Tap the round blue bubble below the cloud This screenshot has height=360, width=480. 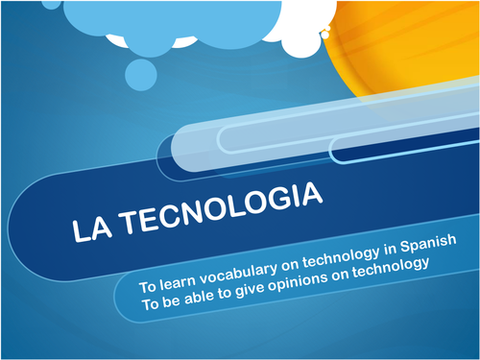pos(144,71)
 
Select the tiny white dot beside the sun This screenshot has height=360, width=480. pos(325,35)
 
